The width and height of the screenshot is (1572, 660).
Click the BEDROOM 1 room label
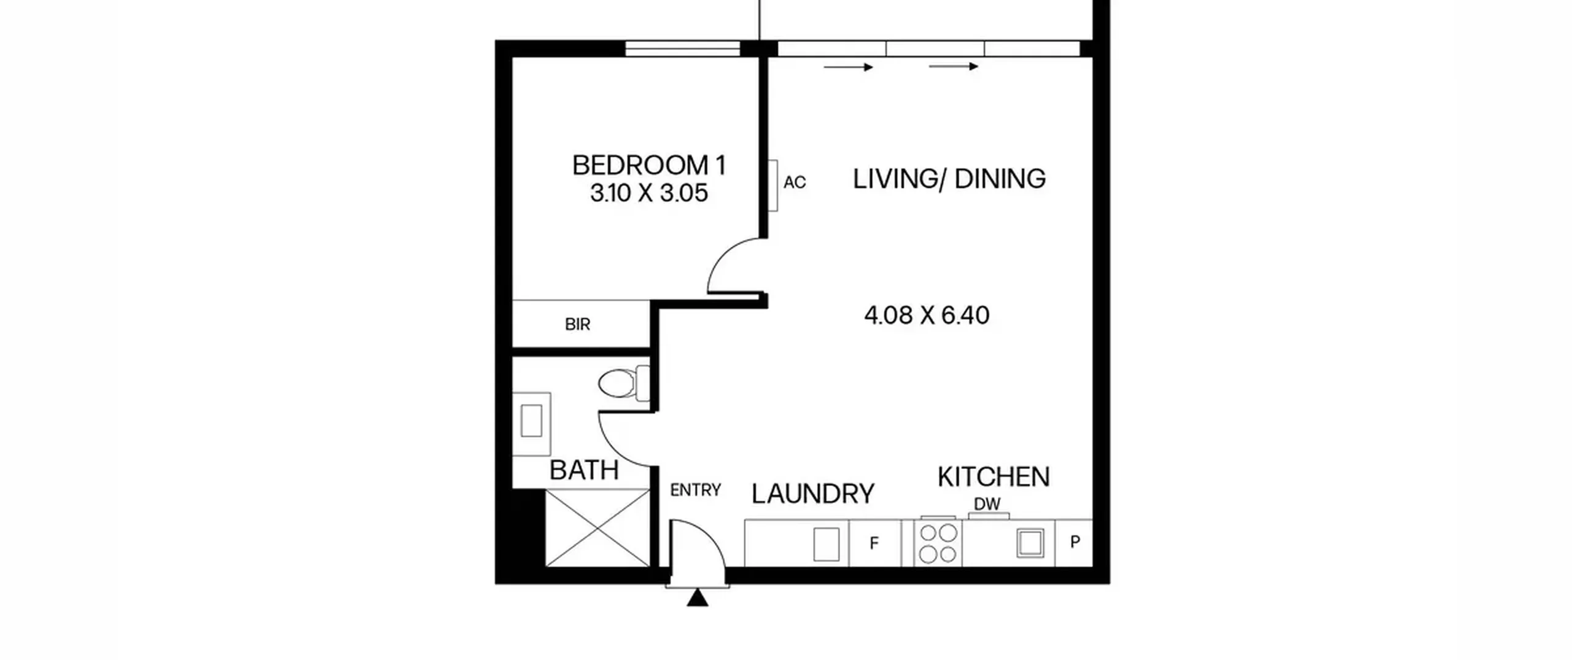pos(649,165)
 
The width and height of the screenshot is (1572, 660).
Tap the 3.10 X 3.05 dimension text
pos(649,193)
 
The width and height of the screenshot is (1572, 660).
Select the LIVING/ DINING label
pos(949,179)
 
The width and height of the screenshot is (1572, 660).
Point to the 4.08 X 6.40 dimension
pos(927,315)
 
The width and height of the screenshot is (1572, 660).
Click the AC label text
pos(795,182)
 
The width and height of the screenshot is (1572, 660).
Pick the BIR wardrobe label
pos(577,324)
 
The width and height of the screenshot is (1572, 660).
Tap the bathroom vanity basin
pos(531,424)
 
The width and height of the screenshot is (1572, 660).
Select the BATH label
pos(584,470)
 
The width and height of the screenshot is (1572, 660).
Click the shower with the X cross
pos(597,528)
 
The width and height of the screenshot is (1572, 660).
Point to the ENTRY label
pos(695,490)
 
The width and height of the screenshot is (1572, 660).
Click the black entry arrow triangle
pos(697,598)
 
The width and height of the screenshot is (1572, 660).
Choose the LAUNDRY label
pos(813,494)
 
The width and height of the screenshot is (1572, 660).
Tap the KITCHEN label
pos(994,477)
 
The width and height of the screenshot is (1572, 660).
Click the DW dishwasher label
pos(987,504)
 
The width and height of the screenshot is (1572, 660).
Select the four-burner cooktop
pos(938,543)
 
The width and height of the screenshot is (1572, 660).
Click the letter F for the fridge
pos(874,543)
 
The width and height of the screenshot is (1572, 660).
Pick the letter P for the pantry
pos(1075,542)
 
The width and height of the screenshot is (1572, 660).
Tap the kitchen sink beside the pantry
pos(1030,543)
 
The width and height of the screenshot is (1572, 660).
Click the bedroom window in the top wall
pos(683,49)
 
